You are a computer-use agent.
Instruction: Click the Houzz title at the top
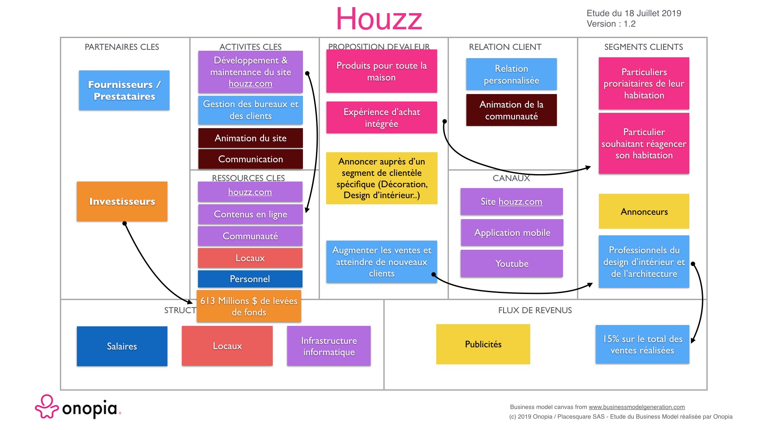tap(379, 19)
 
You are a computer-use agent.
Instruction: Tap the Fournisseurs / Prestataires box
tap(124, 90)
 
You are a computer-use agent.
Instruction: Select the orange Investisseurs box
tap(122, 201)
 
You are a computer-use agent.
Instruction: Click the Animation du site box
tap(250, 138)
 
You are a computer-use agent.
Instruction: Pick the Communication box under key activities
tap(250, 159)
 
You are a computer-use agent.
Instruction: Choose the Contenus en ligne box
tap(250, 214)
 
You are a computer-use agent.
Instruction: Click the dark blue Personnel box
tap(250, 279)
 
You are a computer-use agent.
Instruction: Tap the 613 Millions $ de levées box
tap(249, 306)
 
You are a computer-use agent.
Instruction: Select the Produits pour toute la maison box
tap(382, 71)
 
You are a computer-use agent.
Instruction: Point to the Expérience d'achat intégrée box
tap(382, 117)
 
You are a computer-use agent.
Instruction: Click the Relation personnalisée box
tap(511, 74)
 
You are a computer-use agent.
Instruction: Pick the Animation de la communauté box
tap(511, 110)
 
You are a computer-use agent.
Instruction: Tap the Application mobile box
tap(512, 232)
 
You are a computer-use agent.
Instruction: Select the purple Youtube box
tap(512, 263)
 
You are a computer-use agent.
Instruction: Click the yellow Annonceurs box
tap(644, 211)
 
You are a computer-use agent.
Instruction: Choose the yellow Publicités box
tap(483, 344)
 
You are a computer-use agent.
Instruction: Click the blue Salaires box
tap(122, 346)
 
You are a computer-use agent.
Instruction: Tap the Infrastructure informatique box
tap(329, 346)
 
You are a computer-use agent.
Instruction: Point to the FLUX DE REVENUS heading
tap(535, 310)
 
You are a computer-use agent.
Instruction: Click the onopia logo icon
tap(47, 407)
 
